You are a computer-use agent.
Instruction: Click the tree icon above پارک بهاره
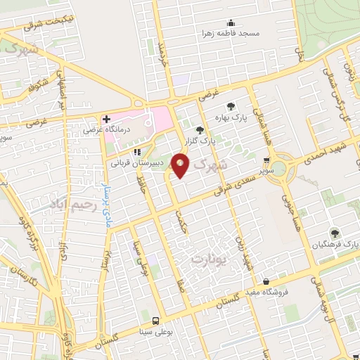231,106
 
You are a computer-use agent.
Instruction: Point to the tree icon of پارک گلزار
200,130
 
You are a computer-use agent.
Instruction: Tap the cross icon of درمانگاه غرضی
105,120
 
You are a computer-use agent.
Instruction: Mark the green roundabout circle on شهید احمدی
279,168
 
